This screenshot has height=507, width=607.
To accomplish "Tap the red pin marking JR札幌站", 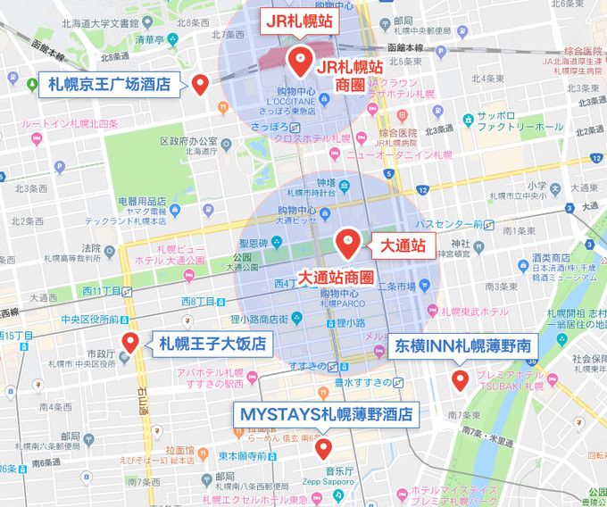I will tap(298, 61).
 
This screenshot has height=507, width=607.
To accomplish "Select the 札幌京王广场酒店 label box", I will tap(109, 85).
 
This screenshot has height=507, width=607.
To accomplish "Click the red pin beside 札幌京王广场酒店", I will tap(200, 84).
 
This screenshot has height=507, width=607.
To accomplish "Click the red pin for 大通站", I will tap(347, 241).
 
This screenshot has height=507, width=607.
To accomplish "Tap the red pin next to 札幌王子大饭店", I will tap(130, 341).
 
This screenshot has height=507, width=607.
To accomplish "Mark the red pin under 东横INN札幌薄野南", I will tap(460, 380).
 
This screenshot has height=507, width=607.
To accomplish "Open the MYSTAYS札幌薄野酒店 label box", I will tap(326, 414).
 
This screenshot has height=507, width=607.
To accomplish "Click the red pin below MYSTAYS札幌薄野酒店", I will tap(322, 447).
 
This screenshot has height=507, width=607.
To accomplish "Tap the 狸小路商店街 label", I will tap(255, 319).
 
